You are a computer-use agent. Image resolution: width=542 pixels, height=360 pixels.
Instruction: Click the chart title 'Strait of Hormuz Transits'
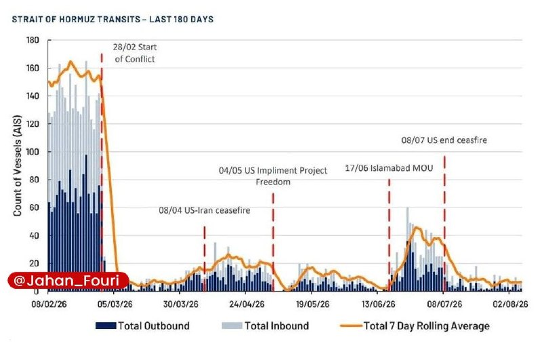coord(76,19)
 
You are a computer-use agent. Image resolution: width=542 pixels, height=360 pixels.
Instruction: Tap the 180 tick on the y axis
coord(33,40)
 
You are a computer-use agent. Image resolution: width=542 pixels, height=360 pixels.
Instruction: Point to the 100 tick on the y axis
coord(33,152)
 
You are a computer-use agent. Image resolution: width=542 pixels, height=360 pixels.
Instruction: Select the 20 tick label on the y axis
coord(35,264)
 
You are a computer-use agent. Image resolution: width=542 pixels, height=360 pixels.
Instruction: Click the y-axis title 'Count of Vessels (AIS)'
coord(18,165)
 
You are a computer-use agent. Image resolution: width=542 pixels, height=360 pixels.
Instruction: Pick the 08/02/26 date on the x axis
coord(49,304)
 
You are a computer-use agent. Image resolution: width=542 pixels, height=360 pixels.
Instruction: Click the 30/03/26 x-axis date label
coord(181,304)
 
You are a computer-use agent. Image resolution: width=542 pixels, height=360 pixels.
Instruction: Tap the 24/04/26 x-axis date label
coord(247,304)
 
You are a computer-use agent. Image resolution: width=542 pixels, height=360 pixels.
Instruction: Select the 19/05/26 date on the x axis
coord(313,304)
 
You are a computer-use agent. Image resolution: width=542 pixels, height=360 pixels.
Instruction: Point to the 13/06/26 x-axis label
coord(379,304)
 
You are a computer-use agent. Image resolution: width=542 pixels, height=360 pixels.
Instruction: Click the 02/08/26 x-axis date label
coord(511,304)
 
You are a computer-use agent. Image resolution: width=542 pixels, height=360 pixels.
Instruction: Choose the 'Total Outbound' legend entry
coord(142,326)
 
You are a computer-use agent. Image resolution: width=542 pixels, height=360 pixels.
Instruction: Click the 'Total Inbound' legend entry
coord(266,326)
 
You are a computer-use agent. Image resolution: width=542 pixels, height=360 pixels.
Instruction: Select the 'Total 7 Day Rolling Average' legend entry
coord(415,326)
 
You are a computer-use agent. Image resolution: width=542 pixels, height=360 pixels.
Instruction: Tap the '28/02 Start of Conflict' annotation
coord(135,53)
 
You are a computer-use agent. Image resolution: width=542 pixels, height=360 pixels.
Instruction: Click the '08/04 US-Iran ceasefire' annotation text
coord(205,210)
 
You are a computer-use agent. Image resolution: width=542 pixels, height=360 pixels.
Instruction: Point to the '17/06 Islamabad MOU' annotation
coord(389,168)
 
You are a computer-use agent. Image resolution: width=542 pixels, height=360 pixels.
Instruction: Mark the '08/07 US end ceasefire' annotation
coord(444,140)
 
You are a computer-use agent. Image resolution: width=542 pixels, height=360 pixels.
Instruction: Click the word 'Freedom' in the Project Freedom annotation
coord(273,182)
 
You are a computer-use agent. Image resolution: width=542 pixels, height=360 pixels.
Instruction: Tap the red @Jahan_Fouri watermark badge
coord(68,281)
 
